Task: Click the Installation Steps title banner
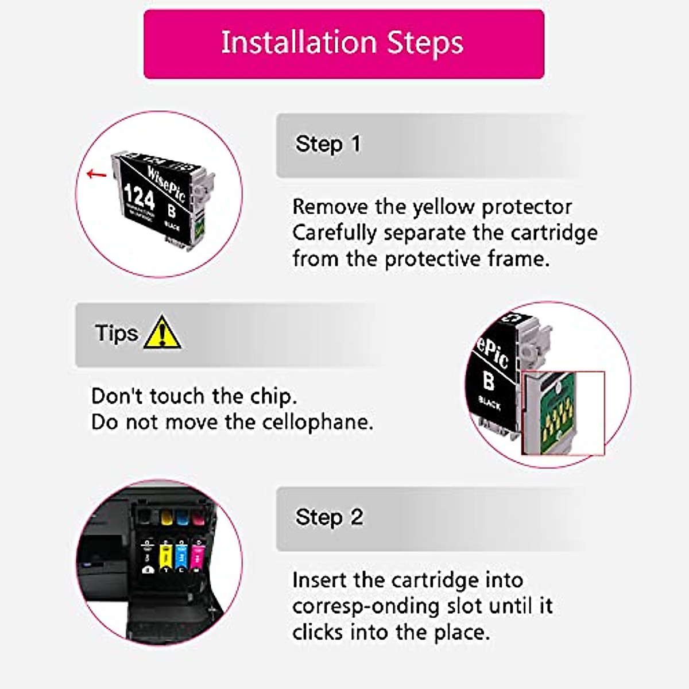click(343, 44)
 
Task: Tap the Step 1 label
click(328, 144)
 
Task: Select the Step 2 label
click(328, 517)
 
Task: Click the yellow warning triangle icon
click(162, 333)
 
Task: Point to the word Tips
click(117, 333)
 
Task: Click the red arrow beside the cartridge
click(96, 174)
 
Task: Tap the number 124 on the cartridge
click(139, 197)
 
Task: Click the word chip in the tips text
click(273, 397)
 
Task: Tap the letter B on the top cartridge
click(171, 211)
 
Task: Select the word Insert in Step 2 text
click(319, 580)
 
